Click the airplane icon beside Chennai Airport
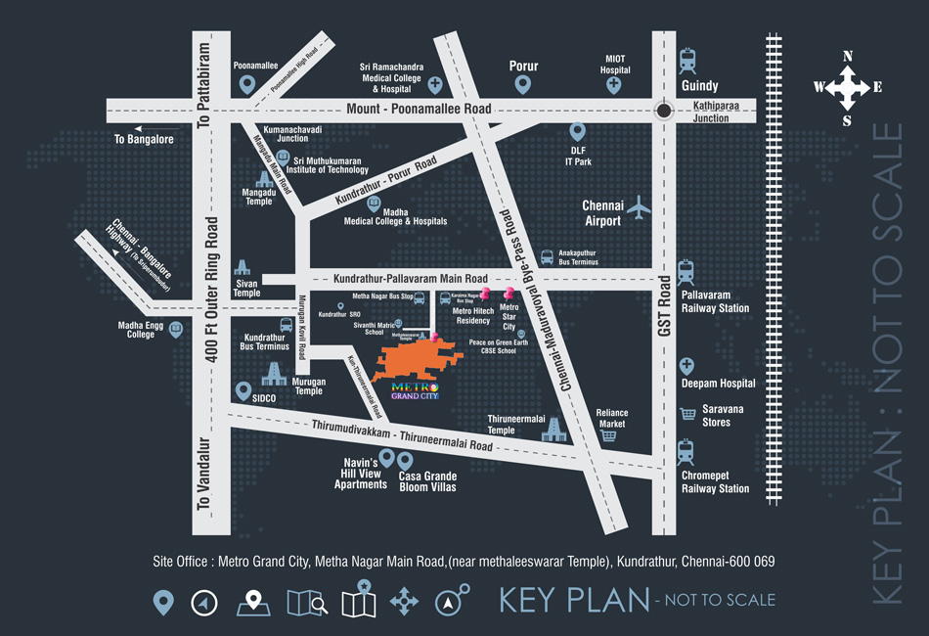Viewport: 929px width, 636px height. [x=639, y=207]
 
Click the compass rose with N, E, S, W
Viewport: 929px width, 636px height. [x=847, y=88]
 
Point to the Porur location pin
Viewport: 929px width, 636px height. [x=523, y=86]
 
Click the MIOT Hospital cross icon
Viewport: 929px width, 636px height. [x=614, y=85]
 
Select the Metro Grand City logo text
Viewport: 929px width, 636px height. [x=415, y=389]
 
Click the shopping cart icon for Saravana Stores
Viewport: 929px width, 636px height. [x=687, y=414]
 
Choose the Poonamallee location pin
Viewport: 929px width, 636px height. [x=247, y=85]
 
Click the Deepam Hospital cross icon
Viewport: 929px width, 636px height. [x=686, y=366]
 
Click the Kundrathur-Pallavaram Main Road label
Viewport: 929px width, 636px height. [x=410, y=279]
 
